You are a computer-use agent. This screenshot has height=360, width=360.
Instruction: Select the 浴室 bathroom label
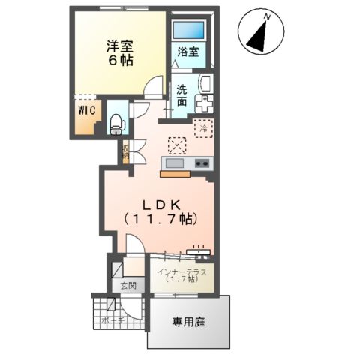tap(187, 52)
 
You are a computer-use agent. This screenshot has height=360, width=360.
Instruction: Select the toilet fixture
tap(116, 123)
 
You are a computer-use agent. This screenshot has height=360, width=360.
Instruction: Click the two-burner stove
tap(202, 163)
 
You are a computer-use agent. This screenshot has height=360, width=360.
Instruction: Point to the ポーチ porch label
tap(112, 319)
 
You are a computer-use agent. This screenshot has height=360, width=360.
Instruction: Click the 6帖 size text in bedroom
tap(118, 61)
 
